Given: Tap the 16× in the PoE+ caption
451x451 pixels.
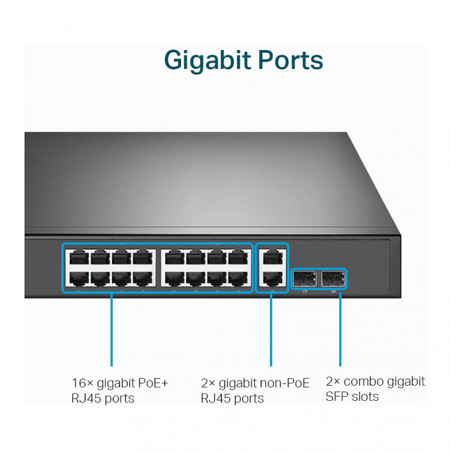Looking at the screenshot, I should [82, 383].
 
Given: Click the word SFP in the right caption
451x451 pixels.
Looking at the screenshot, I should [337, 396].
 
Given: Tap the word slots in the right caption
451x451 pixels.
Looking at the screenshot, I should [365, 396].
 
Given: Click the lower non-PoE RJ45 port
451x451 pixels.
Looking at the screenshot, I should [272, 278].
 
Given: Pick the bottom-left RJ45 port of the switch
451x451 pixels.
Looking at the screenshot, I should [78, 278].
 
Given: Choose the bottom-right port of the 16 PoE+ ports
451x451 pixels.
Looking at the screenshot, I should [239, 278].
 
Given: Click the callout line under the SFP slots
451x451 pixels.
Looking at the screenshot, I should [340, 327].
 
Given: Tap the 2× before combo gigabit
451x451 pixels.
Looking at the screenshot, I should [333, 382].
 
